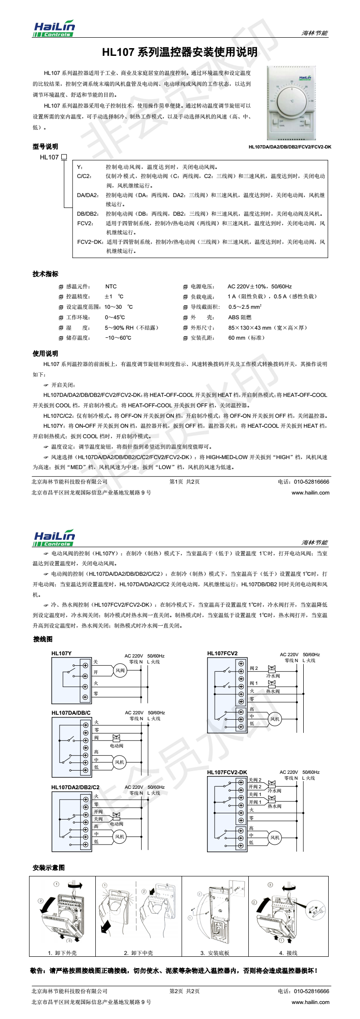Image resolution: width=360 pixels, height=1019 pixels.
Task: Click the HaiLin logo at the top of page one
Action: tap(54, 29)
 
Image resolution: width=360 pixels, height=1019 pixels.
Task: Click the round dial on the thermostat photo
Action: tap(292, 100)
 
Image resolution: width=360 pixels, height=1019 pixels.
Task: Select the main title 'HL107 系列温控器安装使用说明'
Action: tap(180, 52)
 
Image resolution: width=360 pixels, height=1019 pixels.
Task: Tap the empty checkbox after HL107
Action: tap(64, 157)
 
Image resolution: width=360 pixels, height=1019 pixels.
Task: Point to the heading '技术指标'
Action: tap(45, 274)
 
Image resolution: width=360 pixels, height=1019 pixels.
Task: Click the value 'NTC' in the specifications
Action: tap(111, 287)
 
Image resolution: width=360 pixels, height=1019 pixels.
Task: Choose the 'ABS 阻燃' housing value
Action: tap(240, 317)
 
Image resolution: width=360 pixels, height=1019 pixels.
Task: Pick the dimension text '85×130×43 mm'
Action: tap(249, 327)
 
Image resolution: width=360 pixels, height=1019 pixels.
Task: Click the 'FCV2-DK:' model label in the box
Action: tap(90, 242)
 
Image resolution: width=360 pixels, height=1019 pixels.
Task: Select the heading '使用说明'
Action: tap(45, 353)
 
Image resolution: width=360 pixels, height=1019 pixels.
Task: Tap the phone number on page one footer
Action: tap(304, 482)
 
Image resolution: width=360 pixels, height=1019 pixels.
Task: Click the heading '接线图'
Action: tap(43, 639)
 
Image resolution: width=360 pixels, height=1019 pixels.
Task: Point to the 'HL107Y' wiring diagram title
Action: tap(61, 653)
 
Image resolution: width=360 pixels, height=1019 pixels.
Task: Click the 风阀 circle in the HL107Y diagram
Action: tap(120, 670)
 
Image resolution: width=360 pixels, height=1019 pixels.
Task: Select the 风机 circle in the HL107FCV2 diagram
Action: tap(275, 719)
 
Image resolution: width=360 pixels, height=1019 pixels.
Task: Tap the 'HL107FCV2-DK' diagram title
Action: tap(227, 772)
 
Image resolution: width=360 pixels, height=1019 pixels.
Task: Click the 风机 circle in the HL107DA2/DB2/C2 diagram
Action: tap(119, 836)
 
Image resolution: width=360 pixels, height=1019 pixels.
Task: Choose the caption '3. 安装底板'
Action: tap(215, 953)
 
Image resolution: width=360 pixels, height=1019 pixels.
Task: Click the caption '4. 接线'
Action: tap(288, 953)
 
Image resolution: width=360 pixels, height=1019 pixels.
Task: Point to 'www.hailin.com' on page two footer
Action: tap(311, 1002)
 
